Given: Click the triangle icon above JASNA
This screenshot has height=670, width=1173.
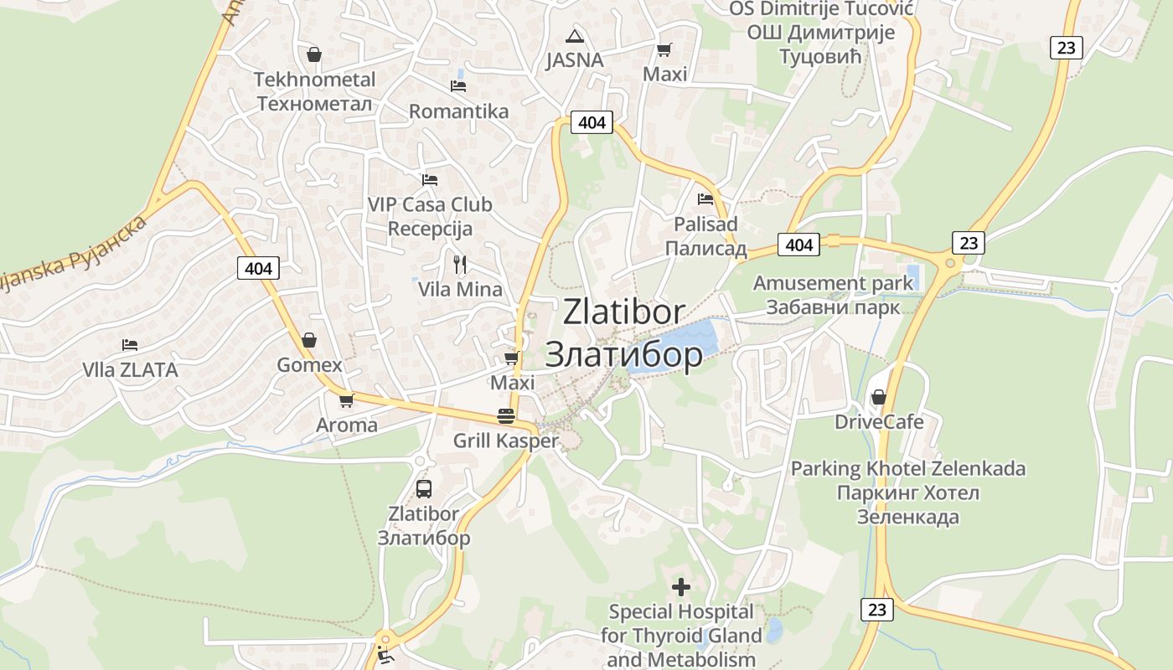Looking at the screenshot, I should (574, 35).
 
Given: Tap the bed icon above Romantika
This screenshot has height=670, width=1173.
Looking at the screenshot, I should (457, 85).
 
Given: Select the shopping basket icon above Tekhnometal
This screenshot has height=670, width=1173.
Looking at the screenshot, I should (314, 54).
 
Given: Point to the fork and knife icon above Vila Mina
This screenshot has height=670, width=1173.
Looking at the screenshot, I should (459, 265).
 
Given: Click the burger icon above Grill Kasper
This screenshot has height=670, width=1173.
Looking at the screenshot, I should (505, 415).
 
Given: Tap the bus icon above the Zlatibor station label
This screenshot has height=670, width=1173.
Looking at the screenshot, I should (424, 488).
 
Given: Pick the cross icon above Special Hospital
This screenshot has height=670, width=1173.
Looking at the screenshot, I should (681, 586).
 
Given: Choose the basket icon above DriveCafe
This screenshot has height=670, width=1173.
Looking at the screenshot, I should (879, 396).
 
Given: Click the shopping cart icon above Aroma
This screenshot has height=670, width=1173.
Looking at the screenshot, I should (346, 400).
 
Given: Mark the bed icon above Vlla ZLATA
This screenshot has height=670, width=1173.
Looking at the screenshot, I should (129, 344).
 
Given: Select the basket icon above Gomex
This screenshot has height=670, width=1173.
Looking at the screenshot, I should (309, 340).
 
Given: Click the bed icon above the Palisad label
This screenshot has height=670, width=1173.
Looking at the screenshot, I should (705, 199).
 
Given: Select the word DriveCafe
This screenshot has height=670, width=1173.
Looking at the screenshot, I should (879, 421).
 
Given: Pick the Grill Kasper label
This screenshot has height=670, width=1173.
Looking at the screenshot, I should (505, 441).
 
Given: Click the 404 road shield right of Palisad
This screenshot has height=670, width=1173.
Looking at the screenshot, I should (799, 245).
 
